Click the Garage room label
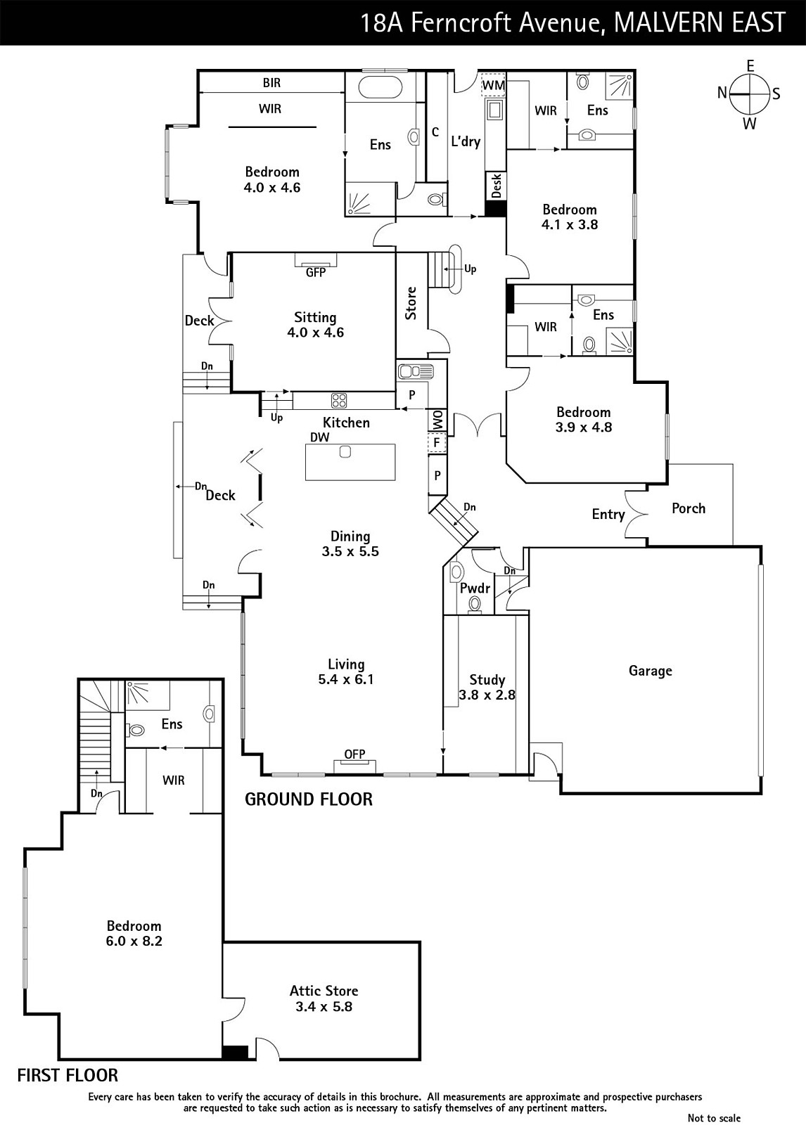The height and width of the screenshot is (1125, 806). tap(651, 671)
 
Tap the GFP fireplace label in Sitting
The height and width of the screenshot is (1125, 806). tap(316, 272)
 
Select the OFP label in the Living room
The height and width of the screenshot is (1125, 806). tap(354, 754)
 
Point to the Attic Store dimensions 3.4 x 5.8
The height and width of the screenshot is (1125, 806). tap(324, 1006)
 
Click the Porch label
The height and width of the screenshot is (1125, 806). tap(689, 508)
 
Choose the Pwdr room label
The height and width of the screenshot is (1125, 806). tap(475, 588)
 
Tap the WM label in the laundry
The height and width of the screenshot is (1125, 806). tap(494, 85)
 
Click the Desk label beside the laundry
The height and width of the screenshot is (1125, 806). tap(496, 186)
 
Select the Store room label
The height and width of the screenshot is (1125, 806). tap(411, 303)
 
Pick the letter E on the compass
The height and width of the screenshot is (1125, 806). tap(750, 66)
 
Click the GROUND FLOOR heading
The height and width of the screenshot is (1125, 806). tap(309, 799)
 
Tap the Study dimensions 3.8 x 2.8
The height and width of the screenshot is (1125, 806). tap(487, 695)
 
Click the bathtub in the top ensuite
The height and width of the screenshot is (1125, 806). tap(380, 88)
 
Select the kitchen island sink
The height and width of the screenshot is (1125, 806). tap(345, 451)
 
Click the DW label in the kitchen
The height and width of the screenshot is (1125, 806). tap(319, 437)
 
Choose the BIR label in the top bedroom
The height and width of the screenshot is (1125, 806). tap(272, 82)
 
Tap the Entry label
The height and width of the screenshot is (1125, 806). tap(608, 514)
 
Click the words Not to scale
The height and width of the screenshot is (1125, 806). tap(714, 1117)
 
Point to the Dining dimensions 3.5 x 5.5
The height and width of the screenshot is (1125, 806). tap(350, 551)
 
